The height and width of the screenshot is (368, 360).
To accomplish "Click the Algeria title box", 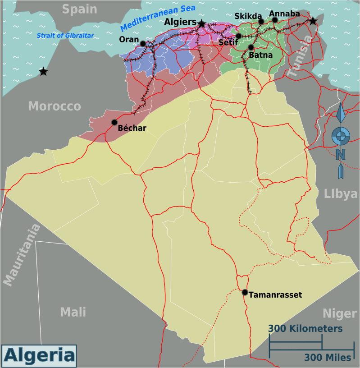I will point(39,355).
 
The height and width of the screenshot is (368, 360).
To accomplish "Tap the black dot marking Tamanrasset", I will point(245,292).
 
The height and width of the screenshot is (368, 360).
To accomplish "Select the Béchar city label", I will point(132,128).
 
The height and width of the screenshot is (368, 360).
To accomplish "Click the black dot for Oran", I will point(143,44).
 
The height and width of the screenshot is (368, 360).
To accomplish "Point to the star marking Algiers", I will point(201,23).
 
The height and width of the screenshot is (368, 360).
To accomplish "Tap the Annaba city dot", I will point(275,20).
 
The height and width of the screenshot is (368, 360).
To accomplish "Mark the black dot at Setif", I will point(239,36).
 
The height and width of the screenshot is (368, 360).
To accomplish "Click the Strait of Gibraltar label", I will point(65,36).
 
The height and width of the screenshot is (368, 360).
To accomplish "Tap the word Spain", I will point(79,9).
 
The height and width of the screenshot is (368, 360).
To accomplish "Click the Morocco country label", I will point(55,106).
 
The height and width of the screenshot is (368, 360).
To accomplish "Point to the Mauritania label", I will point(22,255).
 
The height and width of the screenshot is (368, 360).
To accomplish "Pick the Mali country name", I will point(73,312).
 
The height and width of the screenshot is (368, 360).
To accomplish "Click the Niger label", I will point(340,313).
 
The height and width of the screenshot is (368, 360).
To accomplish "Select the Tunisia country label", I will point(300,57).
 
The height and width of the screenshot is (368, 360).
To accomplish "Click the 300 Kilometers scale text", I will point(305,328).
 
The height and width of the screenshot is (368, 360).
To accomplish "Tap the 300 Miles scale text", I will point(328,357).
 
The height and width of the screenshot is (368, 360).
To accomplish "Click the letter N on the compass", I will point(341,155).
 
